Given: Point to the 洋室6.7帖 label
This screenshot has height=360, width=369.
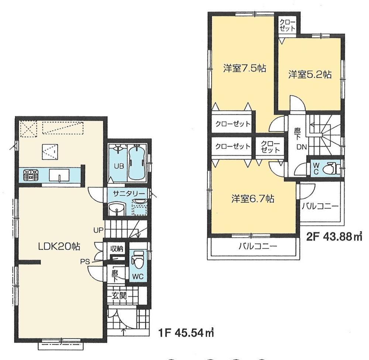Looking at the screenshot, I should [253, 199].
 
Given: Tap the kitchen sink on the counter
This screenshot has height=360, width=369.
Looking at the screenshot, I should [59, 175].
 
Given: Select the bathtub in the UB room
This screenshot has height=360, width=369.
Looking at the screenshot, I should [137, 164].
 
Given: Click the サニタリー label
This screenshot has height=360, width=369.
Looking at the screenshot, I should [126, 193].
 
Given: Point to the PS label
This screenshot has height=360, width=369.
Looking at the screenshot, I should [86, 262].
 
